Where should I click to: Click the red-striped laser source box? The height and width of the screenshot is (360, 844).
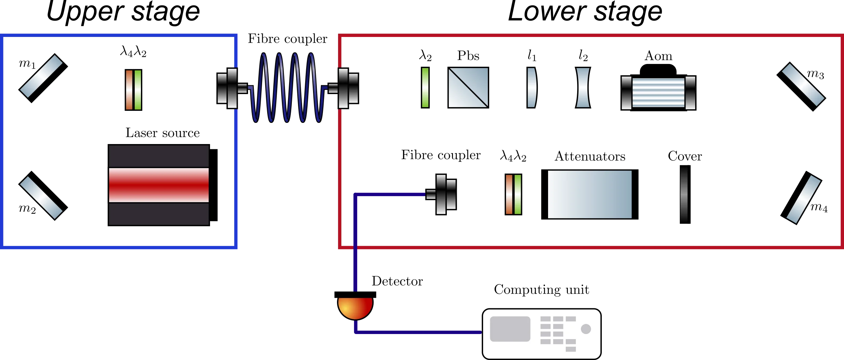(159, 185)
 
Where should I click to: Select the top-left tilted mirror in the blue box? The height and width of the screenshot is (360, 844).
(42, 78)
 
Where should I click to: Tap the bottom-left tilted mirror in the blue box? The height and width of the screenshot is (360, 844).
(42, 195)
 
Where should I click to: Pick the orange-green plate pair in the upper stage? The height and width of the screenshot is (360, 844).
(133, 90)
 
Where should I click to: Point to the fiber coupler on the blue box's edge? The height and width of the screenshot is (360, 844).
(228, 88)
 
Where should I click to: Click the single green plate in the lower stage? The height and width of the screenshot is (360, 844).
(425, 88)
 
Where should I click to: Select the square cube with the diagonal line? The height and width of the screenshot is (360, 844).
(468, 88)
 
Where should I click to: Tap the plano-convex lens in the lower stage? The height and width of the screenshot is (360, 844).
(531, 88)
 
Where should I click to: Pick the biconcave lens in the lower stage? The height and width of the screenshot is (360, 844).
(583, 88)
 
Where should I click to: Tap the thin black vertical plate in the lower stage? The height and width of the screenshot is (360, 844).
(685, 194)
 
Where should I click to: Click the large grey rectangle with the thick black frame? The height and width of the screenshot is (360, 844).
(589, 194)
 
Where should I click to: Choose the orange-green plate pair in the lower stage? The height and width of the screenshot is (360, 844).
(513, 194)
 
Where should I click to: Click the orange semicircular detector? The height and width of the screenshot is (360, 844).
(355, 307)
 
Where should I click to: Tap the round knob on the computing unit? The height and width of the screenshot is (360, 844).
(586, 329)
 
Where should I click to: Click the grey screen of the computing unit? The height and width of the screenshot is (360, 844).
(510, 329)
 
